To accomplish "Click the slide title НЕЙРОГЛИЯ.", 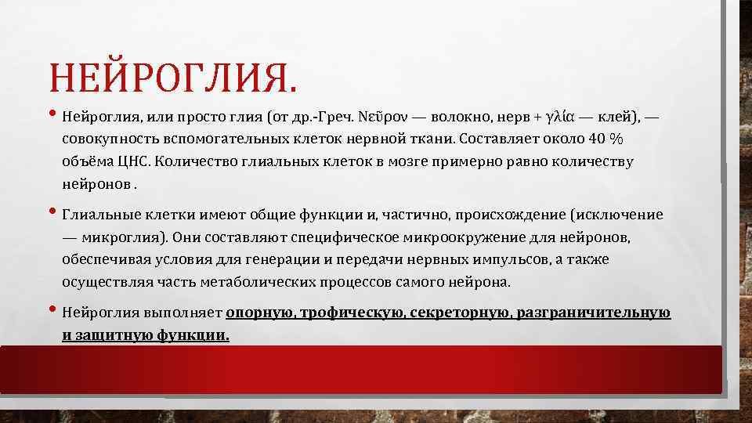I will click(173, 79).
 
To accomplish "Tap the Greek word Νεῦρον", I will click(381, 117).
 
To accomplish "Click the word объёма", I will click(85, 162).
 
